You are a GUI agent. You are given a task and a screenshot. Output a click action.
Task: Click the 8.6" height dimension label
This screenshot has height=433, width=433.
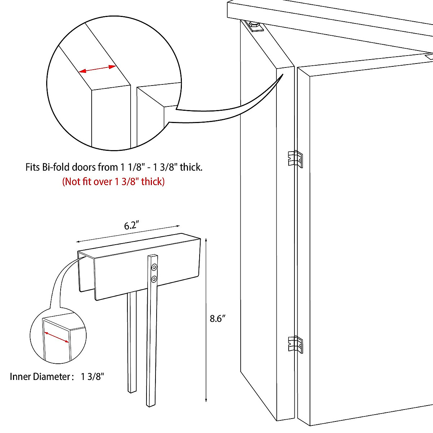point(218,319)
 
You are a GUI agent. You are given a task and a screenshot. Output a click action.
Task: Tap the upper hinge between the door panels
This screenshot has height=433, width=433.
point(296,159)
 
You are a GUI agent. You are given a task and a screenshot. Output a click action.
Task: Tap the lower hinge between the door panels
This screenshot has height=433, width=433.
point(296,344)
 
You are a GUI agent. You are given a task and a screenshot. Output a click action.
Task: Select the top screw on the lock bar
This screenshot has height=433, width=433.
point(154,267)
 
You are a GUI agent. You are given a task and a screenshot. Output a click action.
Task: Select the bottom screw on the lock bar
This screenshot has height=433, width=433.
point(154,279)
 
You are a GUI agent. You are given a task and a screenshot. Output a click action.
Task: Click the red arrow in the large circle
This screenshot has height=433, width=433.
point(97,69)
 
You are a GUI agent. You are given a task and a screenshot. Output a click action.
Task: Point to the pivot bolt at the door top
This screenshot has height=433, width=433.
point(254,26)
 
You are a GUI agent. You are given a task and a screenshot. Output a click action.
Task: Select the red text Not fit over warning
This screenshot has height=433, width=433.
point(113,181)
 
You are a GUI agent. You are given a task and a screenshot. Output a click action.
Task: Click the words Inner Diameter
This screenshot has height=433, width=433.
point(40,377)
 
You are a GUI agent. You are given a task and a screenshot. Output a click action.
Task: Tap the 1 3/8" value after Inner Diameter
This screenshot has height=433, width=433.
point(92,377)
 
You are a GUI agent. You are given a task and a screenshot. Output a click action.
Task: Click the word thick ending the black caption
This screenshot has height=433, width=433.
point(191,167)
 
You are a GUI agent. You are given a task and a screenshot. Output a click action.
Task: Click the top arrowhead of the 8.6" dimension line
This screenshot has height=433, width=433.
point(206,239)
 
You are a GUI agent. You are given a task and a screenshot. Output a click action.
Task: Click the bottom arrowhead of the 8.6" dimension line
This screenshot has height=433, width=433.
point(206,400)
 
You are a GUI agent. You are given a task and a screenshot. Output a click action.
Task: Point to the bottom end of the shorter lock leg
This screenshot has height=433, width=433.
point(132,391)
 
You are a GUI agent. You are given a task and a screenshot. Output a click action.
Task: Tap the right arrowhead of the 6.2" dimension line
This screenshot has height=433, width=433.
point(178,226)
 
